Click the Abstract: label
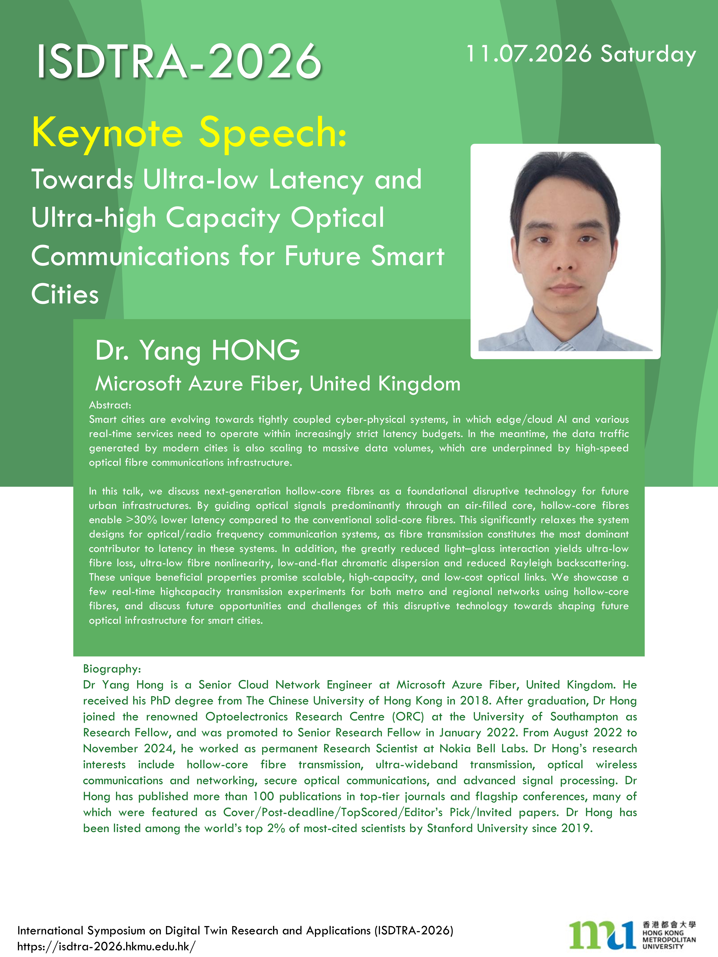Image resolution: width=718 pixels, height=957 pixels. (x=110, y=405)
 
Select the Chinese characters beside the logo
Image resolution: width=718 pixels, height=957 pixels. (x=669, y=925)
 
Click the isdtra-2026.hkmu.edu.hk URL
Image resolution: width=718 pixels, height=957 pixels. (x=106, y=946)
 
